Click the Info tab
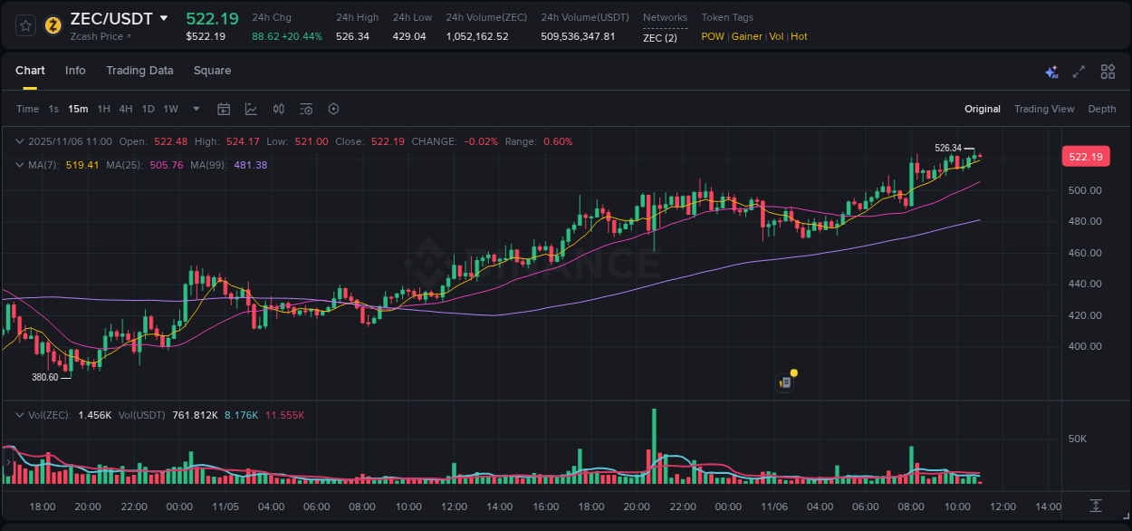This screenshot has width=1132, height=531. (75, 71)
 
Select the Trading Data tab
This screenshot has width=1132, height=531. (139, 71)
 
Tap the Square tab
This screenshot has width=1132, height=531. (212, 71)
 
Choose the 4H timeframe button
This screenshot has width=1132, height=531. (126, 109)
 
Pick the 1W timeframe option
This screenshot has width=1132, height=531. (170, 109)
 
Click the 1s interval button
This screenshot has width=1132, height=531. (53, 109)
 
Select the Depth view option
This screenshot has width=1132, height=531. (1101, 109)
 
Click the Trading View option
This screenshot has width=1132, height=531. (1043, 109)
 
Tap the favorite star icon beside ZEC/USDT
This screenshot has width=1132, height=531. (25, 25)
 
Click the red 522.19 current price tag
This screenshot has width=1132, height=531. (1085, 157)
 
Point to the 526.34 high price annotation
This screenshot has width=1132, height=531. (947, 148)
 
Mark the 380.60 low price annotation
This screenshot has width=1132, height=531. (44, 377)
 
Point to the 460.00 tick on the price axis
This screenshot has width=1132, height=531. (1084, 253)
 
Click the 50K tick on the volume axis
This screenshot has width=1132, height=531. (1077, 439)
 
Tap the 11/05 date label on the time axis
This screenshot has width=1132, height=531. (225, 507)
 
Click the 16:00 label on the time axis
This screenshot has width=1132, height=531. (545, 507)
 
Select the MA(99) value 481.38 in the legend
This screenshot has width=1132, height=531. (250, 165)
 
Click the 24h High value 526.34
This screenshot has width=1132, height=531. (352, 36)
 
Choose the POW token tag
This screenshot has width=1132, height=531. (713, 36)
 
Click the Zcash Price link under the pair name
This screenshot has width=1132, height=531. (100, 36)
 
